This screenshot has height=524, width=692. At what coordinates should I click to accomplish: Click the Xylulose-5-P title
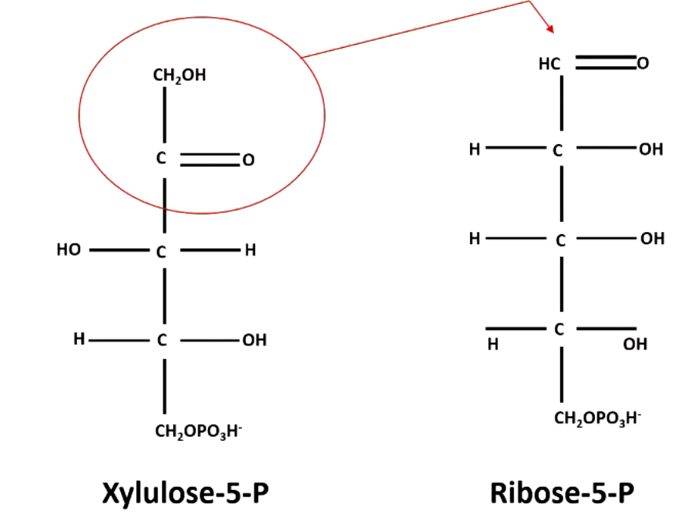[186, 492]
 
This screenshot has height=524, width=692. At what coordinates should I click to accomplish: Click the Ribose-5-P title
[562, 492]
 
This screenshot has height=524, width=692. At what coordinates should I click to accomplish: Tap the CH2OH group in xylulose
[180, 76]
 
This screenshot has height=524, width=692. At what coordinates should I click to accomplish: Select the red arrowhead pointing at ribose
[550, 29]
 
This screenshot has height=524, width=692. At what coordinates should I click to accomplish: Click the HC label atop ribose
[549, 64]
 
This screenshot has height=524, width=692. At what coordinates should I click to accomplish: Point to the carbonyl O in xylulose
[247, 161]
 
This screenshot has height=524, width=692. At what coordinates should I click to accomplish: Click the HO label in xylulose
[69, 250]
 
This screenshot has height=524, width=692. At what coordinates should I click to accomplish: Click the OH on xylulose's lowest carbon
[254, 340]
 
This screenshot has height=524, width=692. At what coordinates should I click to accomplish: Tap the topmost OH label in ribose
[651, 149]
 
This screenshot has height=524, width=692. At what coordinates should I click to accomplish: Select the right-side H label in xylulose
[249, 250]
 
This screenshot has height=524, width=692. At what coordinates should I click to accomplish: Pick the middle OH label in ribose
[652, 239]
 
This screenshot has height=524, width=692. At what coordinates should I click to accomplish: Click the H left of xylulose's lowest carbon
[79, 339]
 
